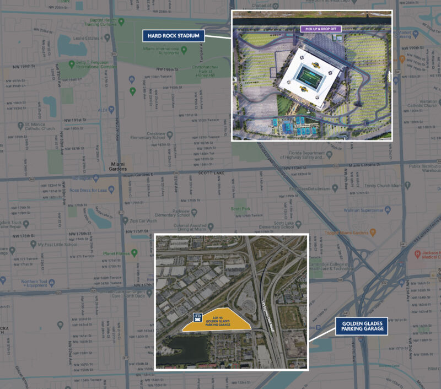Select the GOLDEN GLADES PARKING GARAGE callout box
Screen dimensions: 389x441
pos(362,327)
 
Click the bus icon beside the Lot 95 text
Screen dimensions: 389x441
pos(196,317)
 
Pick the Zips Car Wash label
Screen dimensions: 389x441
pos(142,221)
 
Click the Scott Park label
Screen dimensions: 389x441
pos(241,209)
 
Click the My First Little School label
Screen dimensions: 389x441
pos(57,244)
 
